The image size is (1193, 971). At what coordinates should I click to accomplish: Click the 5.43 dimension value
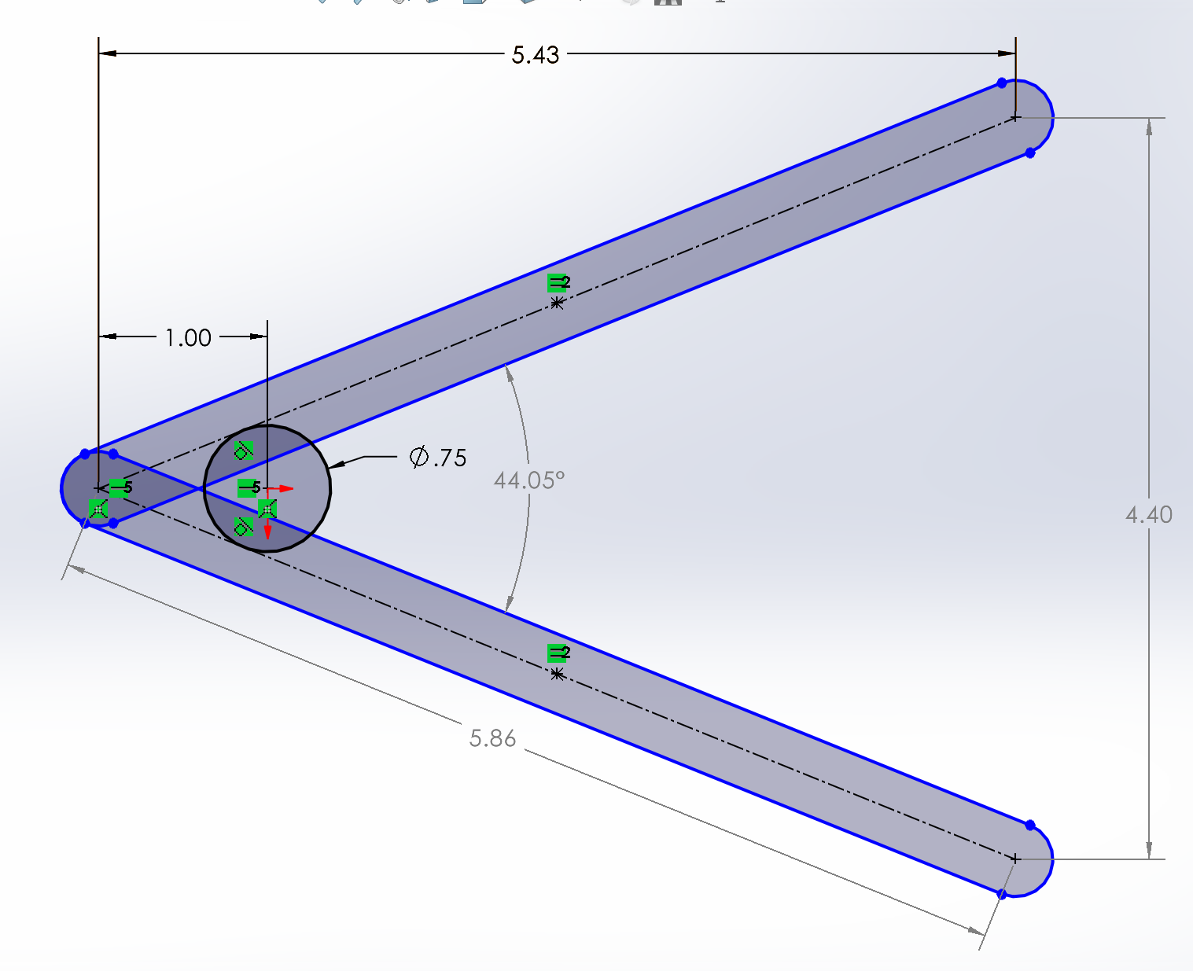[x=535, y=55]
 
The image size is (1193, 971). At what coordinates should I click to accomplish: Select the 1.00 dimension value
[x=188, y=338]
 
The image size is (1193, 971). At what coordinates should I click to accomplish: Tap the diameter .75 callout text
[x=439, y=458]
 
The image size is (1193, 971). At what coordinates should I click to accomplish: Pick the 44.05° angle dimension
[x=528, y=480]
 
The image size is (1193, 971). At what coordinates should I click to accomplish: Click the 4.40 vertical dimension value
[x=1148, y=515]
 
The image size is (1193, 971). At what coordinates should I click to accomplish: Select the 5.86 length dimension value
[x=492, y=738]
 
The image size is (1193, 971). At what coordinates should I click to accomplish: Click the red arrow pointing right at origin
[x=285, y=489]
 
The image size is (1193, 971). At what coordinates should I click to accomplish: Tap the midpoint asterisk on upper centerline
[x=557, y=303]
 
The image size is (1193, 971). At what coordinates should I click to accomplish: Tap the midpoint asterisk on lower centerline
[x=557, y=674]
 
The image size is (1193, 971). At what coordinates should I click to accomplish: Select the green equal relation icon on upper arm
[x=558, y=282]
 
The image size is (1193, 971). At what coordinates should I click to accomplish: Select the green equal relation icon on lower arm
[x=558, y=653]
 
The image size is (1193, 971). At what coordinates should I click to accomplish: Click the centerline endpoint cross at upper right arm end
[x=1015, y=118]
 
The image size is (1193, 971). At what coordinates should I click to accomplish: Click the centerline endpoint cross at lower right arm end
[x=1015, y=859]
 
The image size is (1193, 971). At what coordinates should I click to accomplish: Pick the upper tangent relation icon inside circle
[x=243, y=451]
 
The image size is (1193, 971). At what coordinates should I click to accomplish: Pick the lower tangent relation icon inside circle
[x=243, y=526]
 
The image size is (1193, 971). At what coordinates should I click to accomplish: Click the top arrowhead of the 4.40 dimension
[x=1149, y=127]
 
